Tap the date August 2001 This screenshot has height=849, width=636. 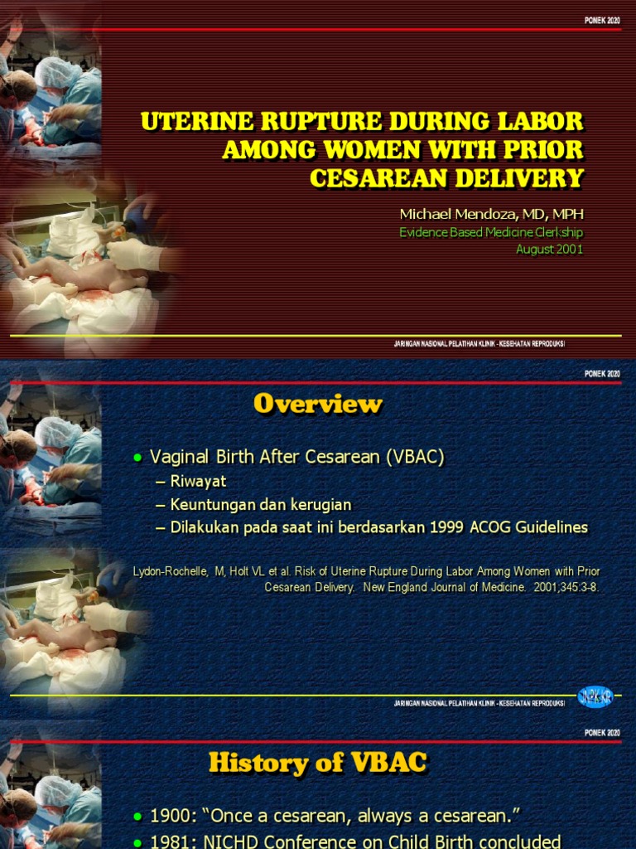point(549,249)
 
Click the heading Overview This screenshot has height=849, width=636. point(318,404)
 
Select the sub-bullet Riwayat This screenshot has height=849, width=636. point(198,481)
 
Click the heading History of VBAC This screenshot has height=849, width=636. point(318,762)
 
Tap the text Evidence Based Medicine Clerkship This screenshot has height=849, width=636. point(491,233)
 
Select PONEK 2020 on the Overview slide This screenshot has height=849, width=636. point(602,374)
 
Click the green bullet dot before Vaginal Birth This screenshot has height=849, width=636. point(138,458)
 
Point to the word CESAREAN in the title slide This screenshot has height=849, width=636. point(372,178)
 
